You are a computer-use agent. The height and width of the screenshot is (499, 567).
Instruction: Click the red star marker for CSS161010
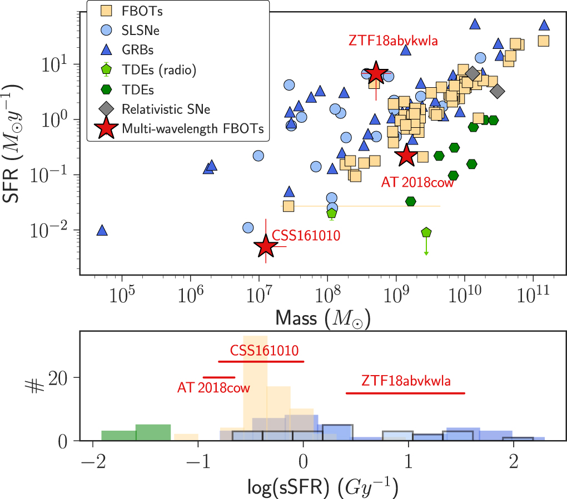[x=266, y=246]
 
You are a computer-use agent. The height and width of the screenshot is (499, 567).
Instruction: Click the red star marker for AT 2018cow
[x=406, y=156]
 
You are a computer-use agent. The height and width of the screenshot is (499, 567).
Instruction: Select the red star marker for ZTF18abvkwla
[x=376, y=73]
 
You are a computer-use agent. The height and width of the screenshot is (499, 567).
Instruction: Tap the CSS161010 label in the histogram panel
[x=264, y=351]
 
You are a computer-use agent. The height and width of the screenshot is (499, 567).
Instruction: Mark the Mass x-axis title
[x=323, y=318]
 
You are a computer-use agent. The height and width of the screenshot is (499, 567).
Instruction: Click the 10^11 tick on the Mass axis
[x=533, y=293]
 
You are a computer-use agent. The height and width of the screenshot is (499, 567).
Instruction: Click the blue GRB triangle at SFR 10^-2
[x=102, y=230]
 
